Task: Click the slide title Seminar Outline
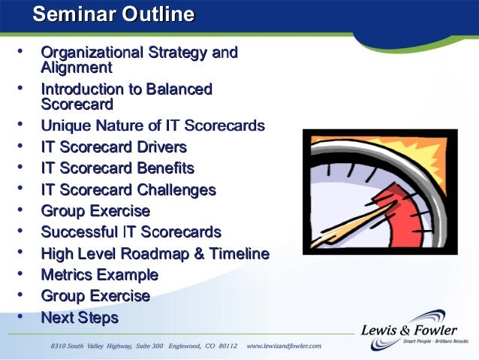coord(114,14)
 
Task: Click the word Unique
coord(63,126)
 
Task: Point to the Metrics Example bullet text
coord(99,274)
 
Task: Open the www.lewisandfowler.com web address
coord(284,346)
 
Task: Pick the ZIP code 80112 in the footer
coord(225,346)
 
